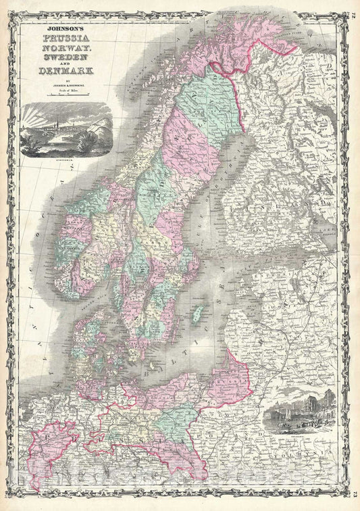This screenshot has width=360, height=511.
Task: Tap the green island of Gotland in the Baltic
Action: [x=197, y=314]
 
